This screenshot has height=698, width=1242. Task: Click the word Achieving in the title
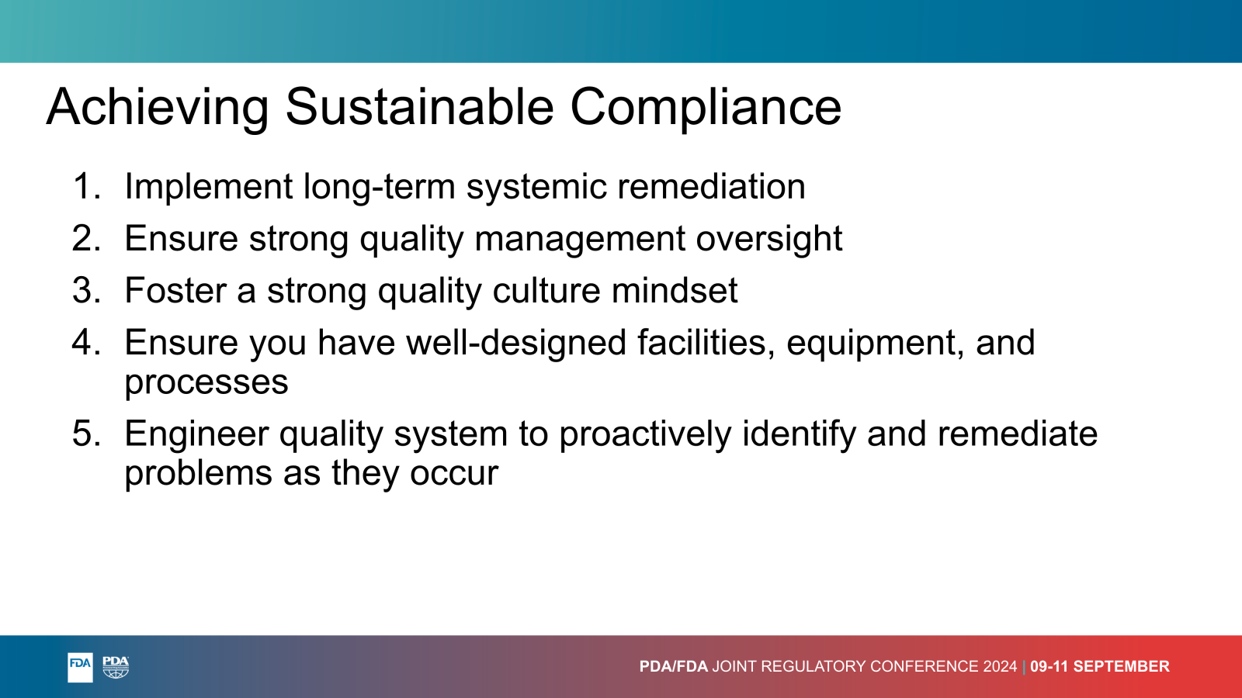[x=158, y=107]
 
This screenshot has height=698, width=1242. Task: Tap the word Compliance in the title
[x=706, y=107]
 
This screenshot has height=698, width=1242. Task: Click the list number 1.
[x=86, y=186]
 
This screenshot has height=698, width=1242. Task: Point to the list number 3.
[x=86, y=290]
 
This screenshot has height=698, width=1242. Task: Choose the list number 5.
[x=86, y=434]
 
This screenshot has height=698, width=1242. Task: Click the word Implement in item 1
[x=209, y=187]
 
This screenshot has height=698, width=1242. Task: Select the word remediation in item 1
[x=711, y=186]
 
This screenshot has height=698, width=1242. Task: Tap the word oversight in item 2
[x=769, y=240]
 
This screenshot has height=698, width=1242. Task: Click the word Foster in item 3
[x=175, y=290]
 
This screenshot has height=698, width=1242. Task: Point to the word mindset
[x=675, y=290]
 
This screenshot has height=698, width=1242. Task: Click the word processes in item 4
[x=206, y=383]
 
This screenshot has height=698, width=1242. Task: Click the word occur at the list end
[x=454, y=474]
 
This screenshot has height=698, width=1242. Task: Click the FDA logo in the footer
[x=80, y=667]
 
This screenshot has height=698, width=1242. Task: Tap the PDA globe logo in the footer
[x=116, y=667]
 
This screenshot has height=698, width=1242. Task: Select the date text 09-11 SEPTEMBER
[x=1100, y=666]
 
